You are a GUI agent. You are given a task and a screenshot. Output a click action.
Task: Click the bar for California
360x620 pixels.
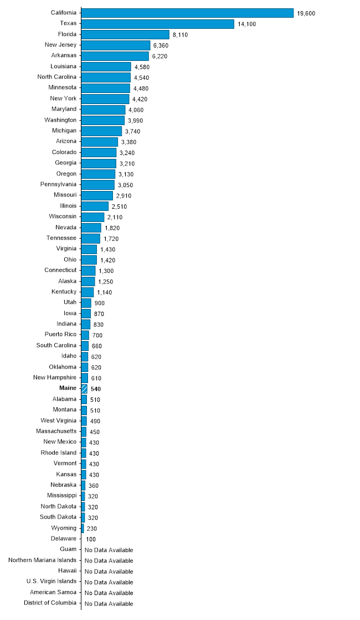187,13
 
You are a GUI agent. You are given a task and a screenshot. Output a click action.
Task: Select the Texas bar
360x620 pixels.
158,24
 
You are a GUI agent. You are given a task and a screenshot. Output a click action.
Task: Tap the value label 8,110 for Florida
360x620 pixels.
181,34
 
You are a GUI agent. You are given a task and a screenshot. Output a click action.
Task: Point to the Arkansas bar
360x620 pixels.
115,55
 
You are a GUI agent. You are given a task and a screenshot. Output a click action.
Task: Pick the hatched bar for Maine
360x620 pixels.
84,389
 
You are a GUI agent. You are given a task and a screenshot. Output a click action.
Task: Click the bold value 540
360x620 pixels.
95,389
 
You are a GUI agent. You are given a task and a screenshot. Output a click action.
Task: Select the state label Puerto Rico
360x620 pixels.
60,334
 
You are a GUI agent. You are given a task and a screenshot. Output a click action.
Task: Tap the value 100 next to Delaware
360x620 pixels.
91,539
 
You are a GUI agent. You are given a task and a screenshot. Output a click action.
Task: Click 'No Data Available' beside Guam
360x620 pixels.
109,550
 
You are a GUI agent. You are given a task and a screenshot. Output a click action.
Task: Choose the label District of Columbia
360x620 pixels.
50,603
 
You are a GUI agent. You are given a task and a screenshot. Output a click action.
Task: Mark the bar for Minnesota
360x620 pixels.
105,88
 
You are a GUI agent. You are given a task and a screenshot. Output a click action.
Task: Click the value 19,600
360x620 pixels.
306,13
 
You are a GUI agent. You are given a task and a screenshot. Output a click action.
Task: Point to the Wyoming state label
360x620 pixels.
64,528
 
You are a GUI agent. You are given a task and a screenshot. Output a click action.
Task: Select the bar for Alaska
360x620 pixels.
88,281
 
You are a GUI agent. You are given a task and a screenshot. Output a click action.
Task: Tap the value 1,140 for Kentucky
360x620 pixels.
104,292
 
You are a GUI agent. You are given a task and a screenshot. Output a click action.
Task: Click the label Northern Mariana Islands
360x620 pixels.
43,560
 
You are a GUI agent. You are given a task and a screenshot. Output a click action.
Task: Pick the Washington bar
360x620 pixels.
103,120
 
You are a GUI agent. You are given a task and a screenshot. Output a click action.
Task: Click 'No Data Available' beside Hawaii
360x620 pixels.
109,571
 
